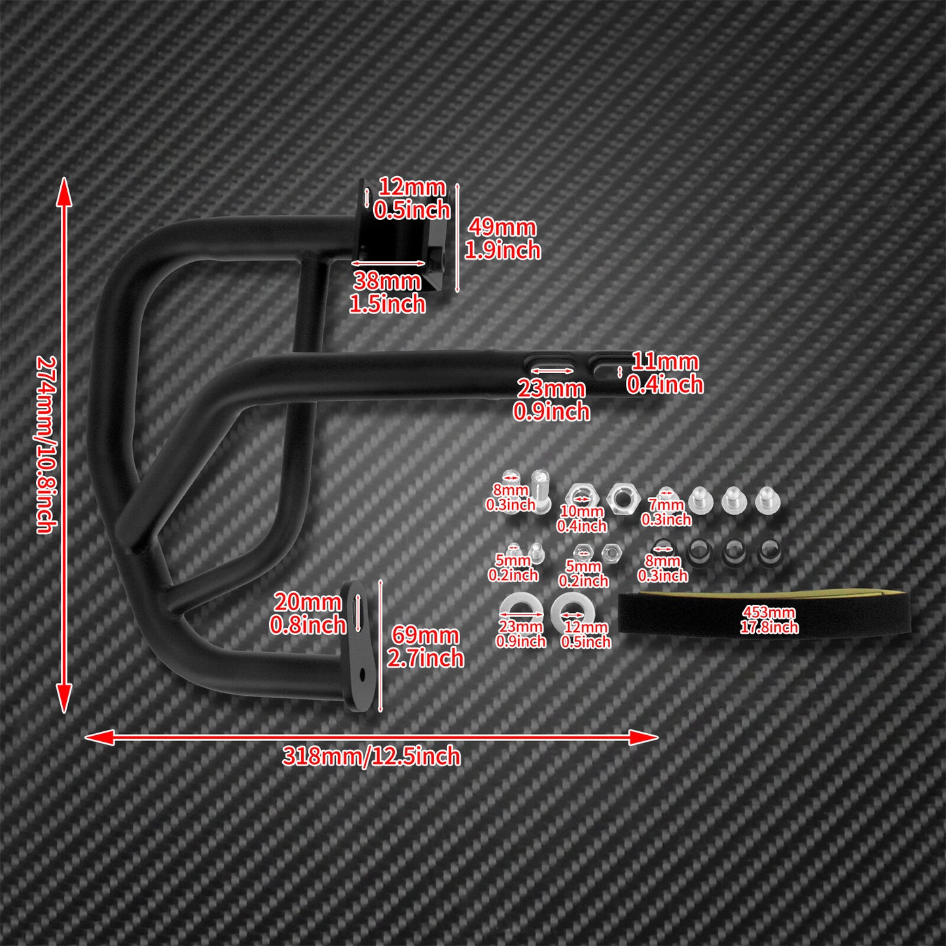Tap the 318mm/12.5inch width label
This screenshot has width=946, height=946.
[x=371, y=757]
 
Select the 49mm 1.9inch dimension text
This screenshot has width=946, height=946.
[x=502, y=238]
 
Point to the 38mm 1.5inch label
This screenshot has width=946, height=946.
[x=387, y=293]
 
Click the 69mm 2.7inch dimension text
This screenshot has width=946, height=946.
[x=425, y=647]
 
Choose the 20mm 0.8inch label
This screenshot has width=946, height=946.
[x=307, y=613]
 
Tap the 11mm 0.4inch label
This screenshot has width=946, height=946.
[x=664, y=374]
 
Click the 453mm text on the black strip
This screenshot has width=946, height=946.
[x=769, y=612]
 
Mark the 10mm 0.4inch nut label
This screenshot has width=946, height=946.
[x=582, y=518]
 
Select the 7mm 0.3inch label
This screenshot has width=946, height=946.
[x=666, y=512]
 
